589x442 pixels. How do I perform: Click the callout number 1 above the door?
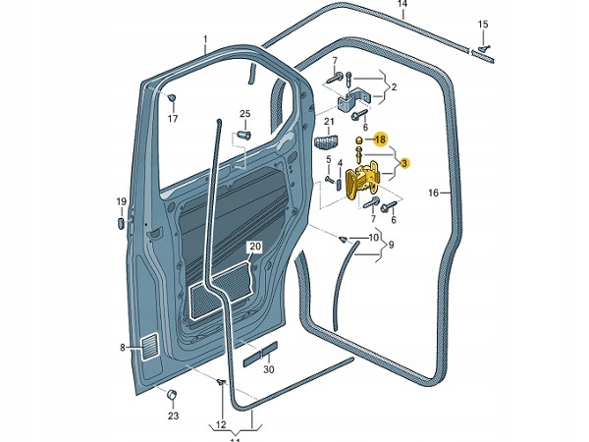[x=205, y=40]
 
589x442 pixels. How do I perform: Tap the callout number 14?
[x=402, y=5]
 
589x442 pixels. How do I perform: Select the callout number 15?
[x=482, y=24]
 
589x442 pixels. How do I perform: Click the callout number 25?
[x=245, y=114]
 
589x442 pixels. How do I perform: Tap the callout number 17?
[x=173, y=120]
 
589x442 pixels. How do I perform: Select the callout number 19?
[x=122, y=202]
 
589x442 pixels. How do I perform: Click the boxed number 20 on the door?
[x=254, y=247]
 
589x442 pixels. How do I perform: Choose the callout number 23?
[x=173, y=415]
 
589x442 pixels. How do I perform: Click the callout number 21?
[x=329, y=122]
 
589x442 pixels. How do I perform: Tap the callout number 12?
[x=222, y=424]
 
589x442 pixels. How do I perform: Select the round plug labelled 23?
[x=172, y=395]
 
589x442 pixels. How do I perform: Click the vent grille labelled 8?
[x=148, y=346]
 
